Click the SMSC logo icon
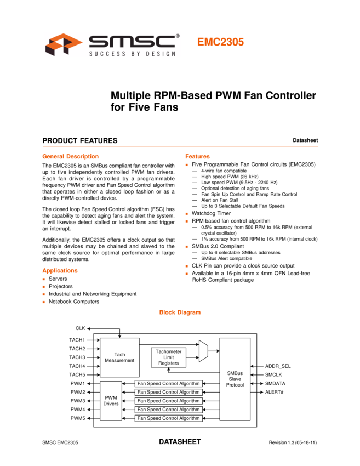[x=64, y=44]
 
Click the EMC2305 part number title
[x=220, y=42]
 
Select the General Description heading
[x=70, y=156]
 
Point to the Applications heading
[x=60, y=270]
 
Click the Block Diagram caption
[x=180, y=312]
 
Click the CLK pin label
[x=80, y=328]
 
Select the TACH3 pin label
[x=77, y=357]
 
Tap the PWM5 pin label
[x=77, y=418]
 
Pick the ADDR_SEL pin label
[x=278, y=366]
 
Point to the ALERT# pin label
[x=275, y=392]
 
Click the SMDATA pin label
[x=275, y=383]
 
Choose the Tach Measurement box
[x=119, y=357]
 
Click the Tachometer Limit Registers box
[x=168, y=357]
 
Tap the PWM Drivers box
[x=111, y=401]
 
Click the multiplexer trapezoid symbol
[x=203, y=351]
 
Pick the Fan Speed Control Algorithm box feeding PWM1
[x=168, y=384]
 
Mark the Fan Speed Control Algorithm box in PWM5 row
[x=168, y=418]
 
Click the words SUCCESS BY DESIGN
[x=133, y=53]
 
